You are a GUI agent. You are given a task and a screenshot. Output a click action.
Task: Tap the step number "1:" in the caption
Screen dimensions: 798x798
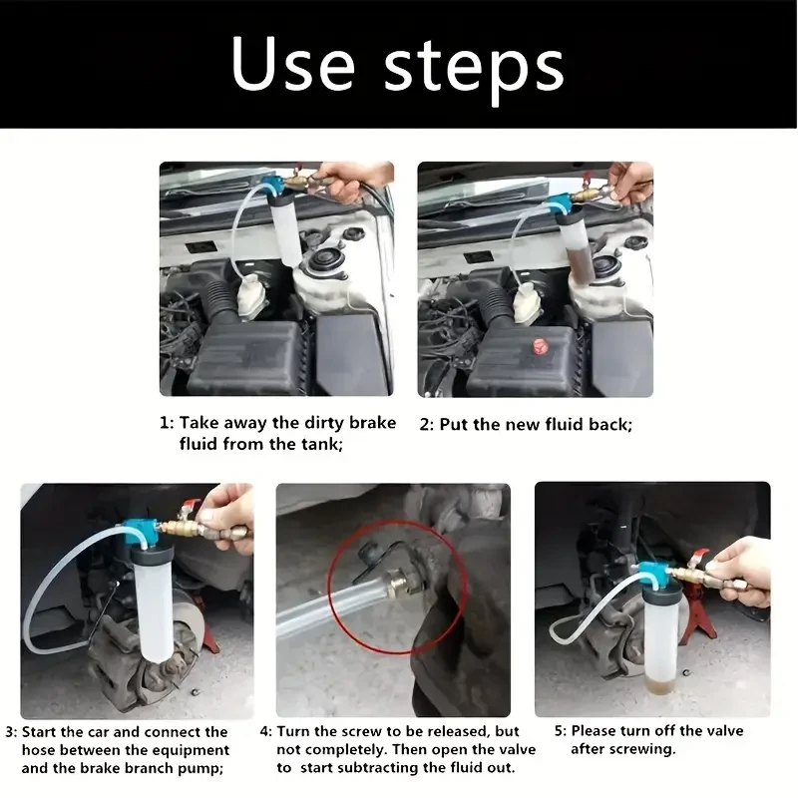tap(167, 423)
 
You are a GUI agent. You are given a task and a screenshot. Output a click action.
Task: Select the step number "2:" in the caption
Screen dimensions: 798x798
tap(426, 424)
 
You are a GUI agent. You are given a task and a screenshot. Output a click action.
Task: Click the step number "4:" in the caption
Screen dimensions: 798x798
tap(265, 731)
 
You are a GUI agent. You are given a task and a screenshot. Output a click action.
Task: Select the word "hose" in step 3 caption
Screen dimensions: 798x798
tap(41, 750)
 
